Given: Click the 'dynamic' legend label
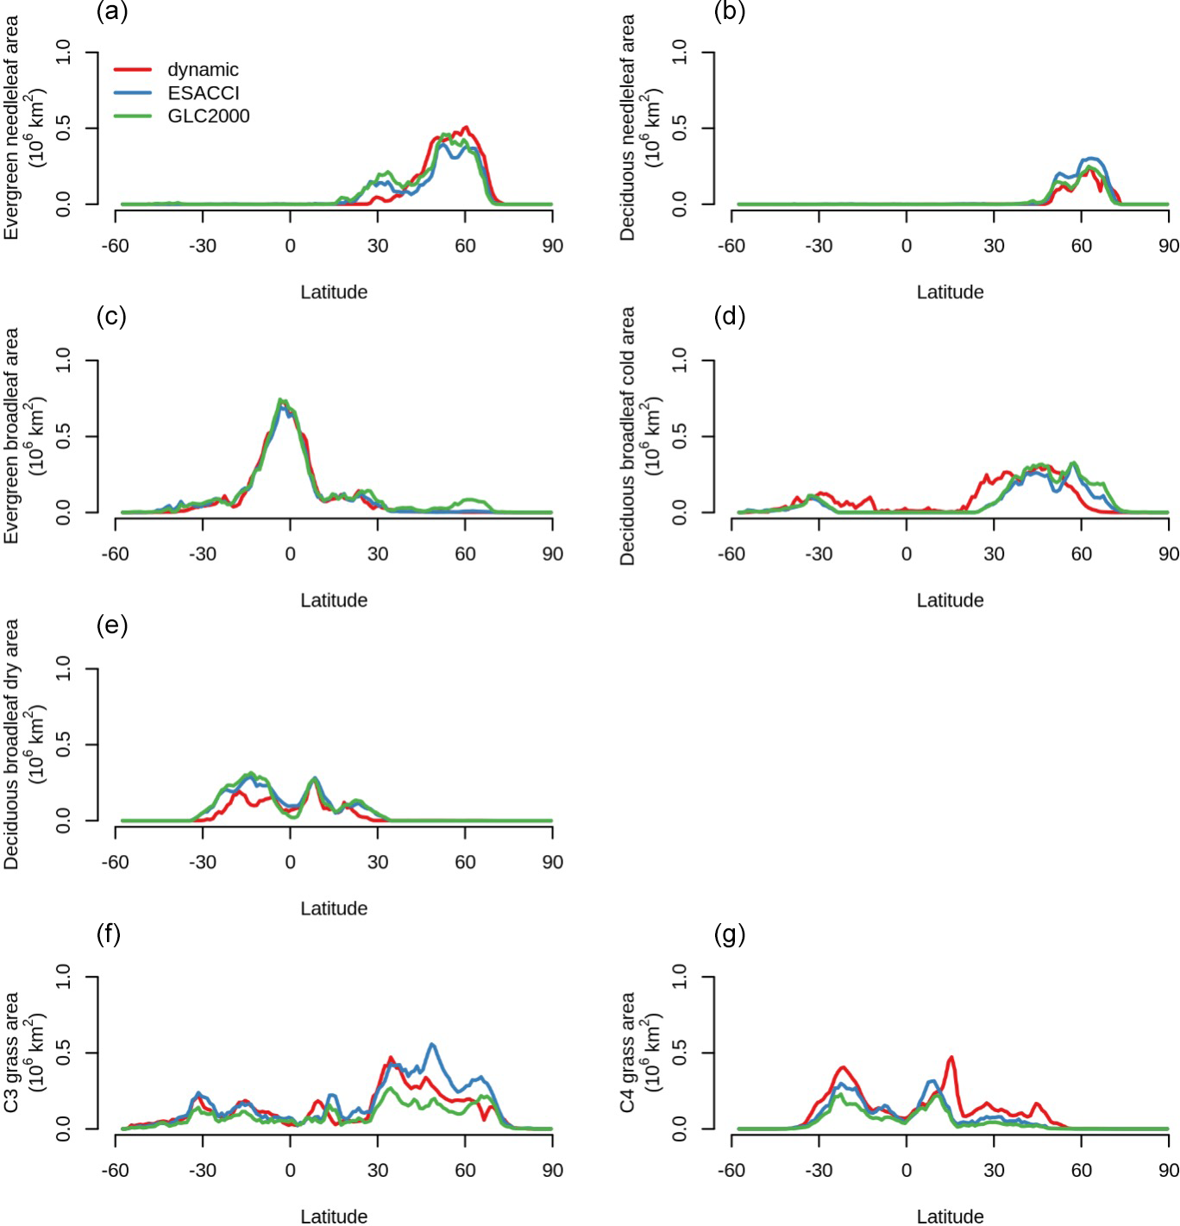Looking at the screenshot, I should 203,70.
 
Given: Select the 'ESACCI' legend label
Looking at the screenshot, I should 204,93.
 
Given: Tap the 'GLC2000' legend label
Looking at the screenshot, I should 209,116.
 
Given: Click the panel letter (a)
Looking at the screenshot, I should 112,11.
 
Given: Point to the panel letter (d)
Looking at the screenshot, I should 730,317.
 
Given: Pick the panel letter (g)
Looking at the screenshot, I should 730,934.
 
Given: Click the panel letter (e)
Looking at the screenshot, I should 112,625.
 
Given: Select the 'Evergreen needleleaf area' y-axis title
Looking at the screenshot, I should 11,128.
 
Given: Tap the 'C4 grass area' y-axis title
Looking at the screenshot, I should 628,1052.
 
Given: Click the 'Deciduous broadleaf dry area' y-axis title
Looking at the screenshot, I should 11,744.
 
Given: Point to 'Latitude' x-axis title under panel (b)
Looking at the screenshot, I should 950,292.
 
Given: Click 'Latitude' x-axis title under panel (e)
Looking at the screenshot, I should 334,908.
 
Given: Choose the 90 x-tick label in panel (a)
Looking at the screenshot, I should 552,246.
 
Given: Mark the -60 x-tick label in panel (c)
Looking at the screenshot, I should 115,554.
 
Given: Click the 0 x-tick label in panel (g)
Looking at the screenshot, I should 906,1171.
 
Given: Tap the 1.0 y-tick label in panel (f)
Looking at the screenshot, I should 63,977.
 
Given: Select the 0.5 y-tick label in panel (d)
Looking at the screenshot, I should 680,437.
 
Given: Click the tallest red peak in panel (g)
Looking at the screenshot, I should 951,1057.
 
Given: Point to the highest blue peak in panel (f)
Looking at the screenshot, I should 432,1045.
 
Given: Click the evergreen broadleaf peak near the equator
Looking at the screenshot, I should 281,400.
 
